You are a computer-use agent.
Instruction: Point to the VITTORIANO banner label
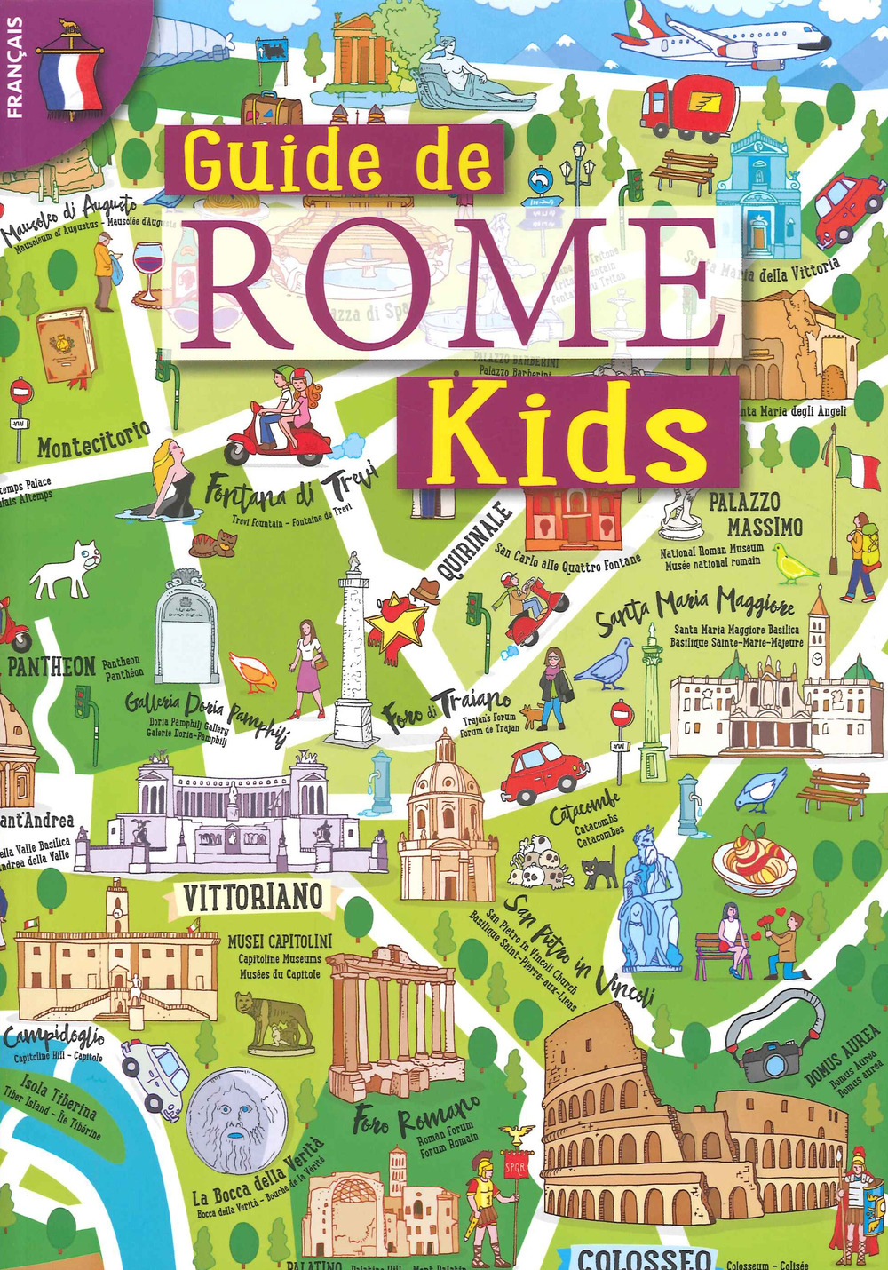252,898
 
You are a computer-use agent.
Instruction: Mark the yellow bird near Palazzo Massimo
793,564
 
